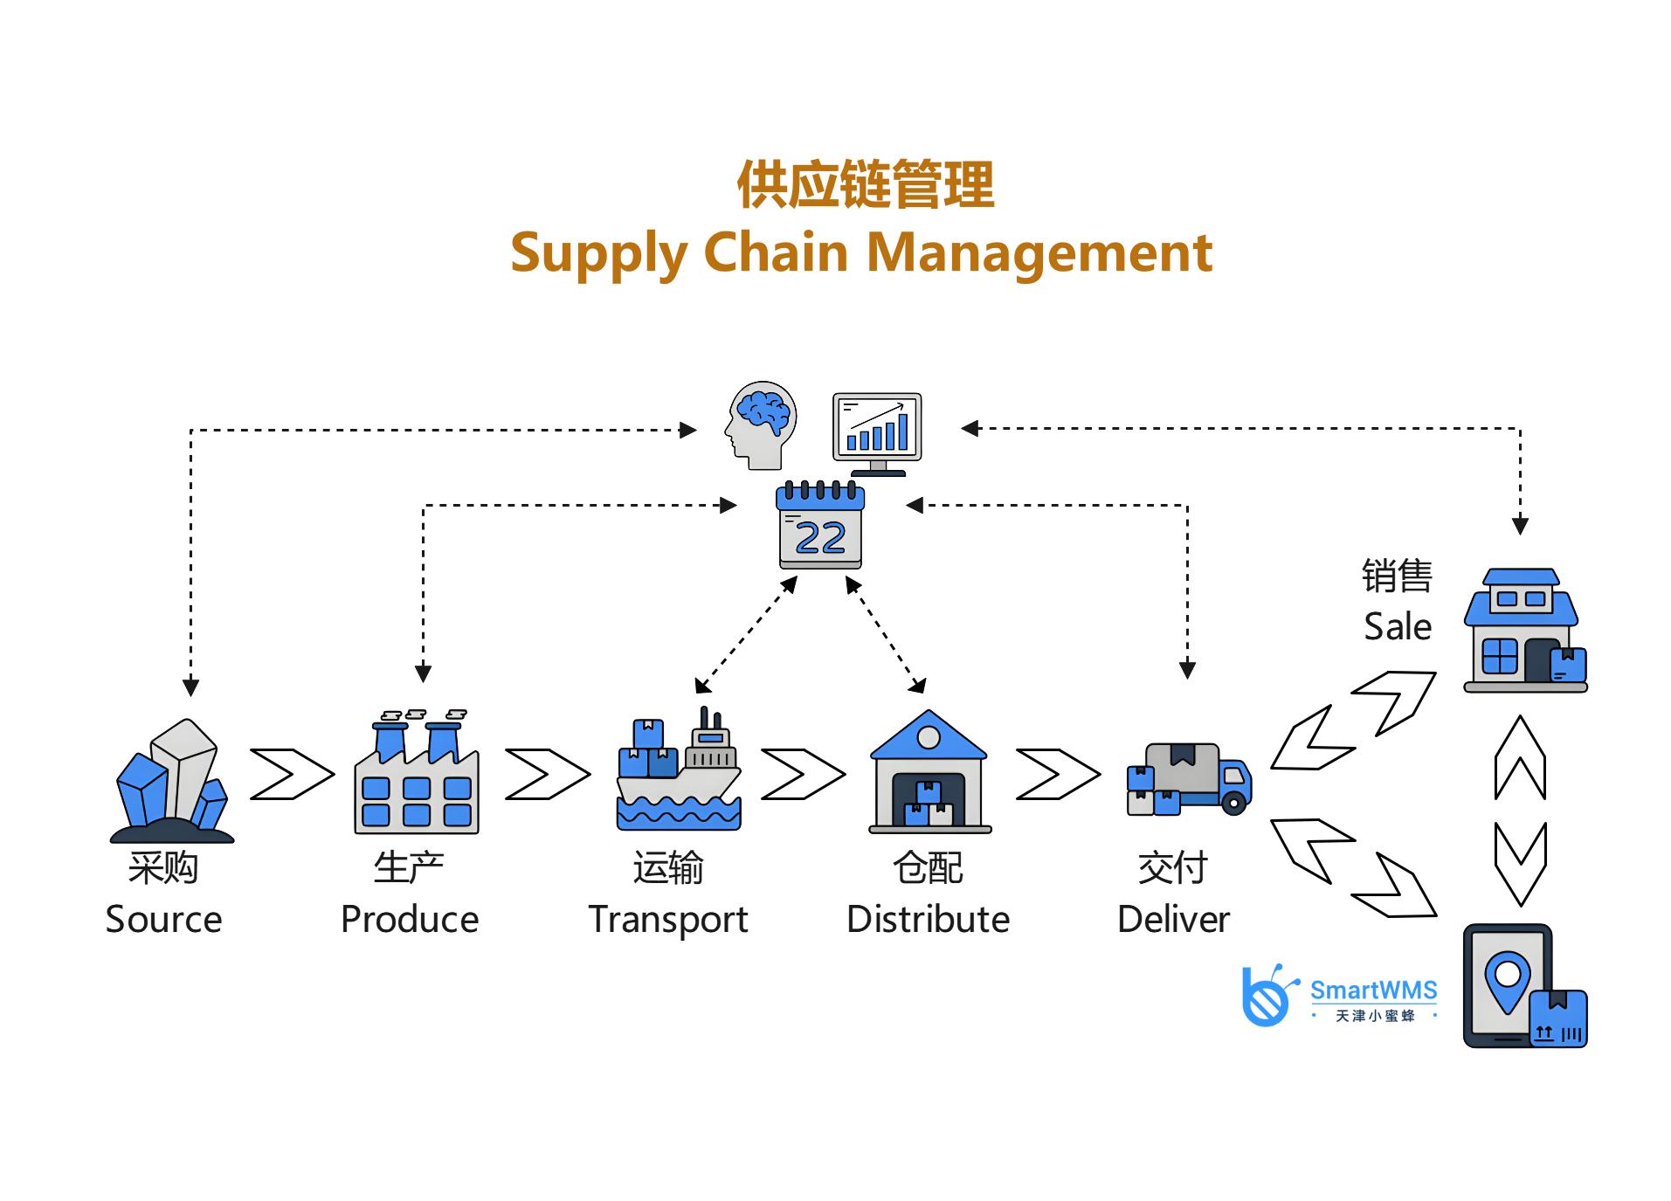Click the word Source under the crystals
click(x=163, y=919)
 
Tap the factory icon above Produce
click(x=416, y=774)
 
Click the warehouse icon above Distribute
click(x=929, y=772)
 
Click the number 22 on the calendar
click(x=820, y=537)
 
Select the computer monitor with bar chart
click(x=877, y=430)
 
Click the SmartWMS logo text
click(x=1373, y=990)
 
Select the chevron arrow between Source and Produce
click(x=292, y=774)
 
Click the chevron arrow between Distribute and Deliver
click(x=1058, y=774)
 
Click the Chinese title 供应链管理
click(x=865, y=185)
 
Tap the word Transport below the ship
click(x=668, y=920)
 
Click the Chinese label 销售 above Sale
click(x=1397, y=576)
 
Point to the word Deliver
click(x=1173, y=920)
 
